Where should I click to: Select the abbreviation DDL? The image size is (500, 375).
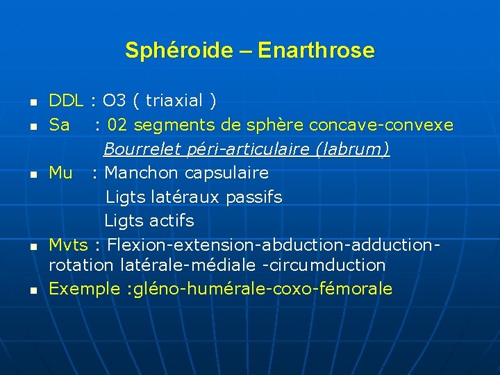[x=66, y=101]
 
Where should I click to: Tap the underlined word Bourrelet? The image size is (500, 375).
[x=136, y=149]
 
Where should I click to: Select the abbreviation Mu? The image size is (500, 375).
[x=60, y=172]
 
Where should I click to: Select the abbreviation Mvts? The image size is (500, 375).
[x=68, y=245]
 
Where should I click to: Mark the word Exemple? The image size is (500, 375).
[x=79, y=289]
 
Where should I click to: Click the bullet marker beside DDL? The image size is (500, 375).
[x=33, y=103]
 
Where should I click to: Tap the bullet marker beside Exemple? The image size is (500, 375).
[x=33, y=290]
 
